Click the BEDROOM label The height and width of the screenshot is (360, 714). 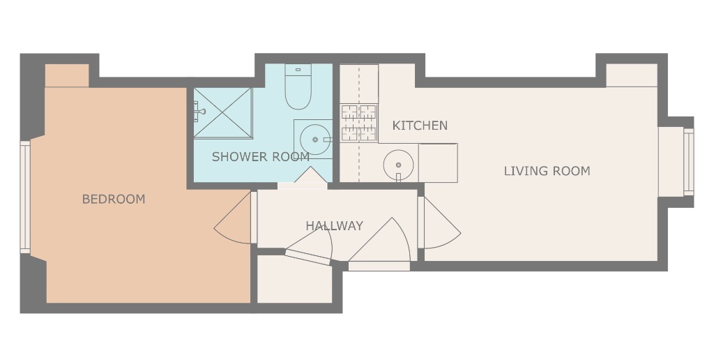(x=114, y=200)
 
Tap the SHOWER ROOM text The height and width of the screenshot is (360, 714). (x=260, y=157)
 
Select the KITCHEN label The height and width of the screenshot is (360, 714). (x=420, y=126)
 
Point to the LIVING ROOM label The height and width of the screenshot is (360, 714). (x=547, y=171)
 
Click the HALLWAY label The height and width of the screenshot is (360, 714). (x=334, y=226)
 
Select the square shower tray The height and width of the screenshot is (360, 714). (x=222, y=113)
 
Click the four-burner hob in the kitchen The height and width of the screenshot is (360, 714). (x=358, y=122)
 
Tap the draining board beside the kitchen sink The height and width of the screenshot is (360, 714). (x=437, y=163)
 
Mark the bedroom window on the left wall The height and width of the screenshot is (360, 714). (x=25, y=196)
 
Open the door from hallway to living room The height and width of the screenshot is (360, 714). (x=438, y=223)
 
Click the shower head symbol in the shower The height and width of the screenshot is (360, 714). (x=199, y=110)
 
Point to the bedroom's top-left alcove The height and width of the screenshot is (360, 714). (x=67, y=75)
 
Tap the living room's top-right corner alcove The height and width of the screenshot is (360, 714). (x=631, y=75)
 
